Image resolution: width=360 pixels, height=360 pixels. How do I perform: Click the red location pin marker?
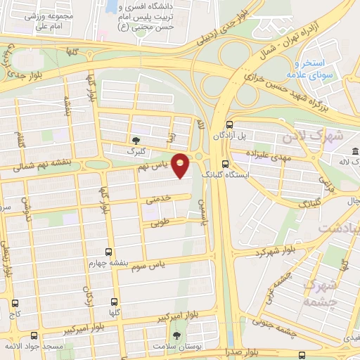(x=181, y=166)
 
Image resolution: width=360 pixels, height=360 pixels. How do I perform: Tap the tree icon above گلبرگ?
(x=136, y=141)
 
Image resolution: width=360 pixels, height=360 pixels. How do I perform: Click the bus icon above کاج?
(x=15, y=303)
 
